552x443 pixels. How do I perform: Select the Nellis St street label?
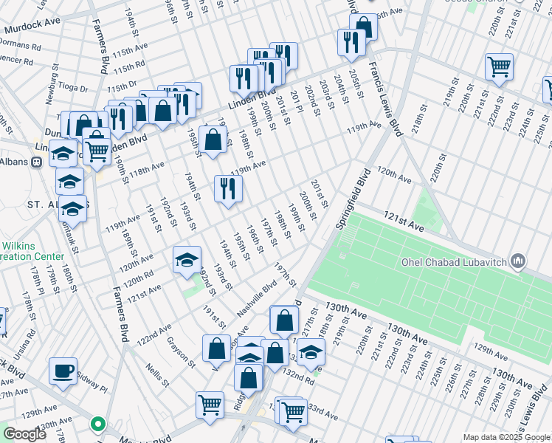point(158,374)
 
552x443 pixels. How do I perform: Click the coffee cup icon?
point(63,370)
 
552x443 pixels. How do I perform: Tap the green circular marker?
point(97,425)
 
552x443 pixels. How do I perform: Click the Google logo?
point(24,435)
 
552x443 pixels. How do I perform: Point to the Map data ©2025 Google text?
point(506,437)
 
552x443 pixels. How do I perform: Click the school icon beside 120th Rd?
point(187,259)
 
